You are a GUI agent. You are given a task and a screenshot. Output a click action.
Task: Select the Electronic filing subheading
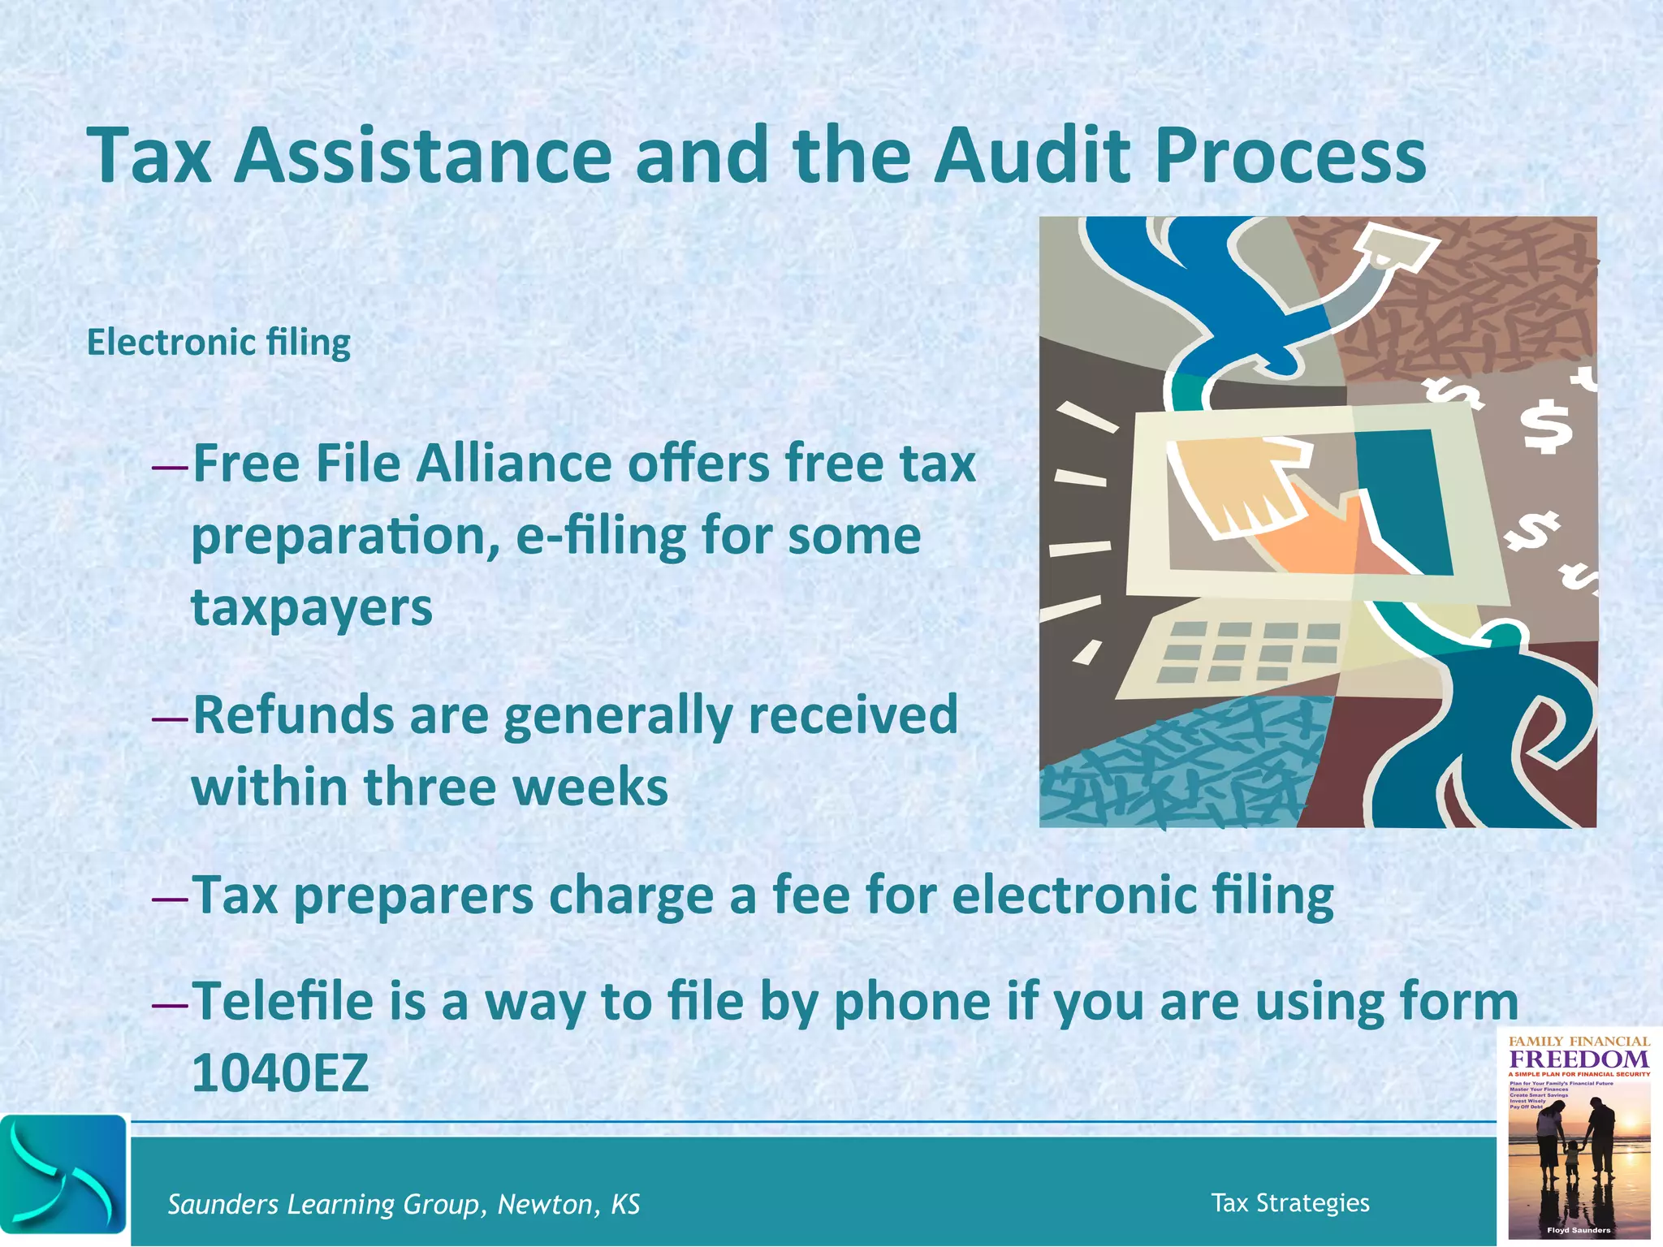[x=218, y=343]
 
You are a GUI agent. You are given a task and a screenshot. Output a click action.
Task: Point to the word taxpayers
[x=312, y=609]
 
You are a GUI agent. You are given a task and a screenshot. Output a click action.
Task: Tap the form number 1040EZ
[x=280, y=1073]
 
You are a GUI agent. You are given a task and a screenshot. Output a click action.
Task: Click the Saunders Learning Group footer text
[x=404, y=1204]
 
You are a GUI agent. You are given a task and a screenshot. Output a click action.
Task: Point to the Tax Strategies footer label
[x=1289, y=1202]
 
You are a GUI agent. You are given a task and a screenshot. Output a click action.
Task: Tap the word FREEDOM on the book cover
[x=1579, y=1059]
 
